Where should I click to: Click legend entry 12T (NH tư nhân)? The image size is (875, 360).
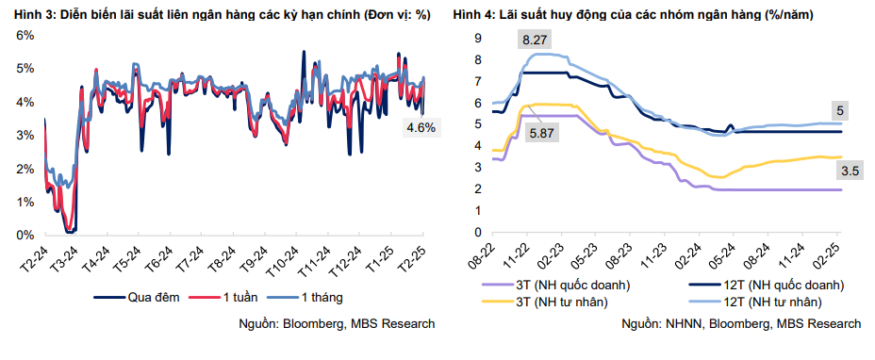coord(769,302)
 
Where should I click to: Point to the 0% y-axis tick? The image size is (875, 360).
coord(25,236)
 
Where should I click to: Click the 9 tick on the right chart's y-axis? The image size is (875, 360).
coord(478,39)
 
